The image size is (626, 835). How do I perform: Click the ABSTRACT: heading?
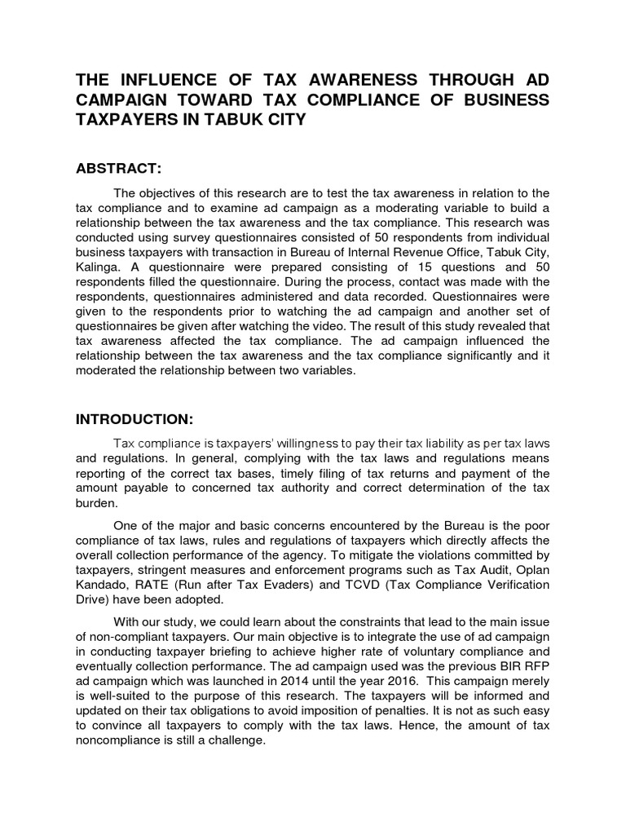[119, 168]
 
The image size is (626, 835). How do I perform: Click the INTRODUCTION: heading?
[134, 419]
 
